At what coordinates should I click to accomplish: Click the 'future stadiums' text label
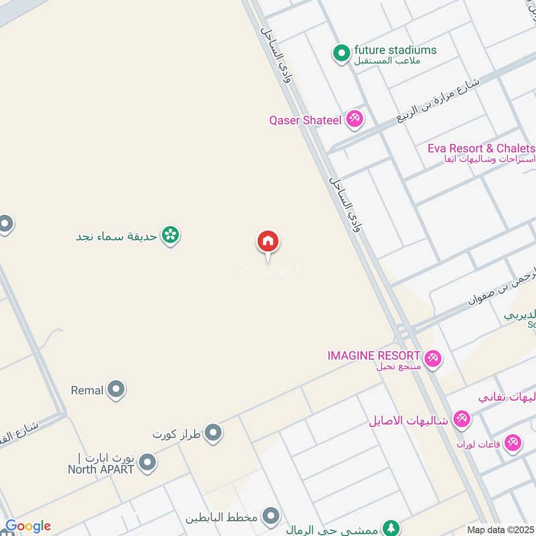coord(395,50)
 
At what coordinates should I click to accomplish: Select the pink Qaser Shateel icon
coord(354,120)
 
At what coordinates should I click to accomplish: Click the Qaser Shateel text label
coord(306,121)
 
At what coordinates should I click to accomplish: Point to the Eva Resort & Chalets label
coord(481,148)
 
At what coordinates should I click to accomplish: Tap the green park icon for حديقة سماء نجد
coord(171,235)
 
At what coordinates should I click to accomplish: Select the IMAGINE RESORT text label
coord(374,355)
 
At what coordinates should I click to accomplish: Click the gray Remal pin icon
coord(117,389)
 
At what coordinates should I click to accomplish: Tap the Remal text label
coord(87,390)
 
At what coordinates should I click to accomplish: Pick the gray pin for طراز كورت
coord(213,433)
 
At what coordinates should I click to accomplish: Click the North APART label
coord(100,469)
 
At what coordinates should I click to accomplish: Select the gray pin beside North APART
coord(147,462)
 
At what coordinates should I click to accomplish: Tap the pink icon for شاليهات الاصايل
coord(461,420)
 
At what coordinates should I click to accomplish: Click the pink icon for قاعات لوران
coord(513,443)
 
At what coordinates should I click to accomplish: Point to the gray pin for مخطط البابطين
coord(271,517)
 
